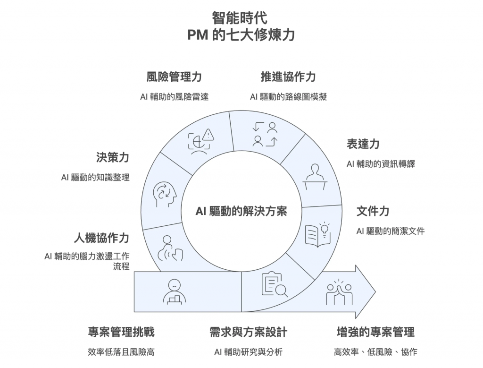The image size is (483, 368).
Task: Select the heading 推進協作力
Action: [x=288, y=77]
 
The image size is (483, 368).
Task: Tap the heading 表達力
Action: [x=363, y=144]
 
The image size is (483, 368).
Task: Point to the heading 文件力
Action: [x=373, y=211]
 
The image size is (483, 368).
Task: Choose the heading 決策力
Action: [x=113, y=157]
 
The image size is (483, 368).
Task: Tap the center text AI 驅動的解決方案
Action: [x=241, y=211]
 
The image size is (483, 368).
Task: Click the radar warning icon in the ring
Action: [x=201, y=142]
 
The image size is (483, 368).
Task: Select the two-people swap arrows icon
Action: [x=264, y=134]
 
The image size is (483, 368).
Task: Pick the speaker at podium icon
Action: [x=315, y=176]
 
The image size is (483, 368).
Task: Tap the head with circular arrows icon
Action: [x=165, y=193]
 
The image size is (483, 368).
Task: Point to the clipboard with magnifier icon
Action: [x=274, y=285]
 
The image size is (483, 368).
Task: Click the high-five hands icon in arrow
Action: [x=339, y=293]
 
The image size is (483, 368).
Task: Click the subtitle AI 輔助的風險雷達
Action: [x=174, y=97]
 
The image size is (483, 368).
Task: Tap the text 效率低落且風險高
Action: [x=121, y=352]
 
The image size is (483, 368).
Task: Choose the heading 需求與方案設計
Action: [x=248, y=332]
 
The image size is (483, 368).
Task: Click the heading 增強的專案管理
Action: [x=375, y=332]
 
